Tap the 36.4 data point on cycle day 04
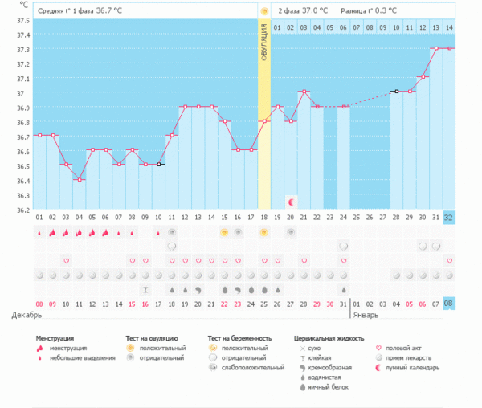click(x=79, y=179)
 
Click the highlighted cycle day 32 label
click(x=449, y=218)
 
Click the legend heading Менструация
click(x=55, y=339)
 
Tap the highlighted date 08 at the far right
click(x=449, y=304)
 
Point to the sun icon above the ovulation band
click(x=263, y=11)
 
